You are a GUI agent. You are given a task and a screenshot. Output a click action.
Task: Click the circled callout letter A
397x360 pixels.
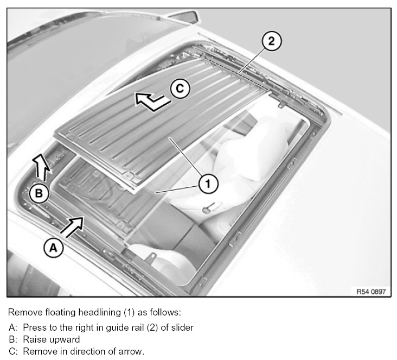(53, 248)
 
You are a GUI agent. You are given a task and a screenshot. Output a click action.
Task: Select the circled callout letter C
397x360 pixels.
(180, 89)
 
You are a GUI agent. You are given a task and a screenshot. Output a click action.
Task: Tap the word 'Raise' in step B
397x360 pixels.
(34, 339)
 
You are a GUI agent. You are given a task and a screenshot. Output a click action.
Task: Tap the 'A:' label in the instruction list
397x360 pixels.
(12, 327)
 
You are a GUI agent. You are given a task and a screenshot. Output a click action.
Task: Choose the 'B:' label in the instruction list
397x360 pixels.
(12, 339)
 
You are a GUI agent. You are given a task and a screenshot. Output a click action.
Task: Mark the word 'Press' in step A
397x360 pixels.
(33, 327)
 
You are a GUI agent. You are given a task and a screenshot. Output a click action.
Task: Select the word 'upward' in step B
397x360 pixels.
(65, 339)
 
